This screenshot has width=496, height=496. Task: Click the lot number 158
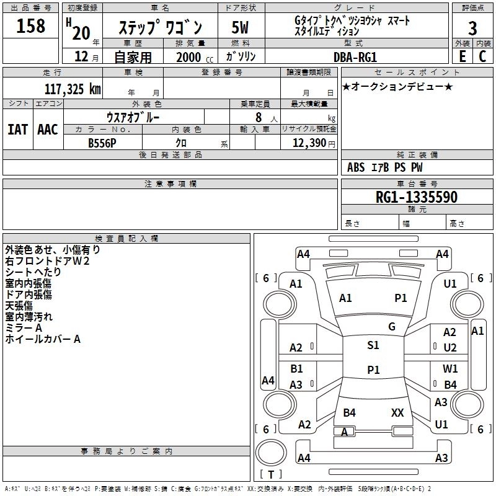click(x=30, y=26)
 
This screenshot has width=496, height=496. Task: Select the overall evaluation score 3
click(x=472, y=29)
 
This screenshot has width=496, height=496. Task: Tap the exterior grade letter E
click(x=462, y=56)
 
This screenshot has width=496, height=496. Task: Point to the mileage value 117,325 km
click(x=72, y=89)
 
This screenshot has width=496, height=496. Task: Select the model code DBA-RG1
click(x=355, y=56)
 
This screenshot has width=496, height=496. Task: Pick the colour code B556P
click(x=103, y=143)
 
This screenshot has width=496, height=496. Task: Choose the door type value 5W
click(x=240, y=28)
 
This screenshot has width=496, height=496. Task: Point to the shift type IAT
click(x=17, y=129)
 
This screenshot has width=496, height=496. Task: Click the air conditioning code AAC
click(x=47, y=129)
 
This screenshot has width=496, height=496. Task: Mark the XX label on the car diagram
click(x=397, y=412)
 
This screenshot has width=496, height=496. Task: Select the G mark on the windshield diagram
click(x=391, y=327)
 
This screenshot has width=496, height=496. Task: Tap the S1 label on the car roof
click(x=373, y=345)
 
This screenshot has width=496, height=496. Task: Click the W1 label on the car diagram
click(x=450, y=369)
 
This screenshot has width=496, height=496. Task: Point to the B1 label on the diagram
click(x=296, y=369)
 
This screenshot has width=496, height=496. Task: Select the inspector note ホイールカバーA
click(x=43, y=339)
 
